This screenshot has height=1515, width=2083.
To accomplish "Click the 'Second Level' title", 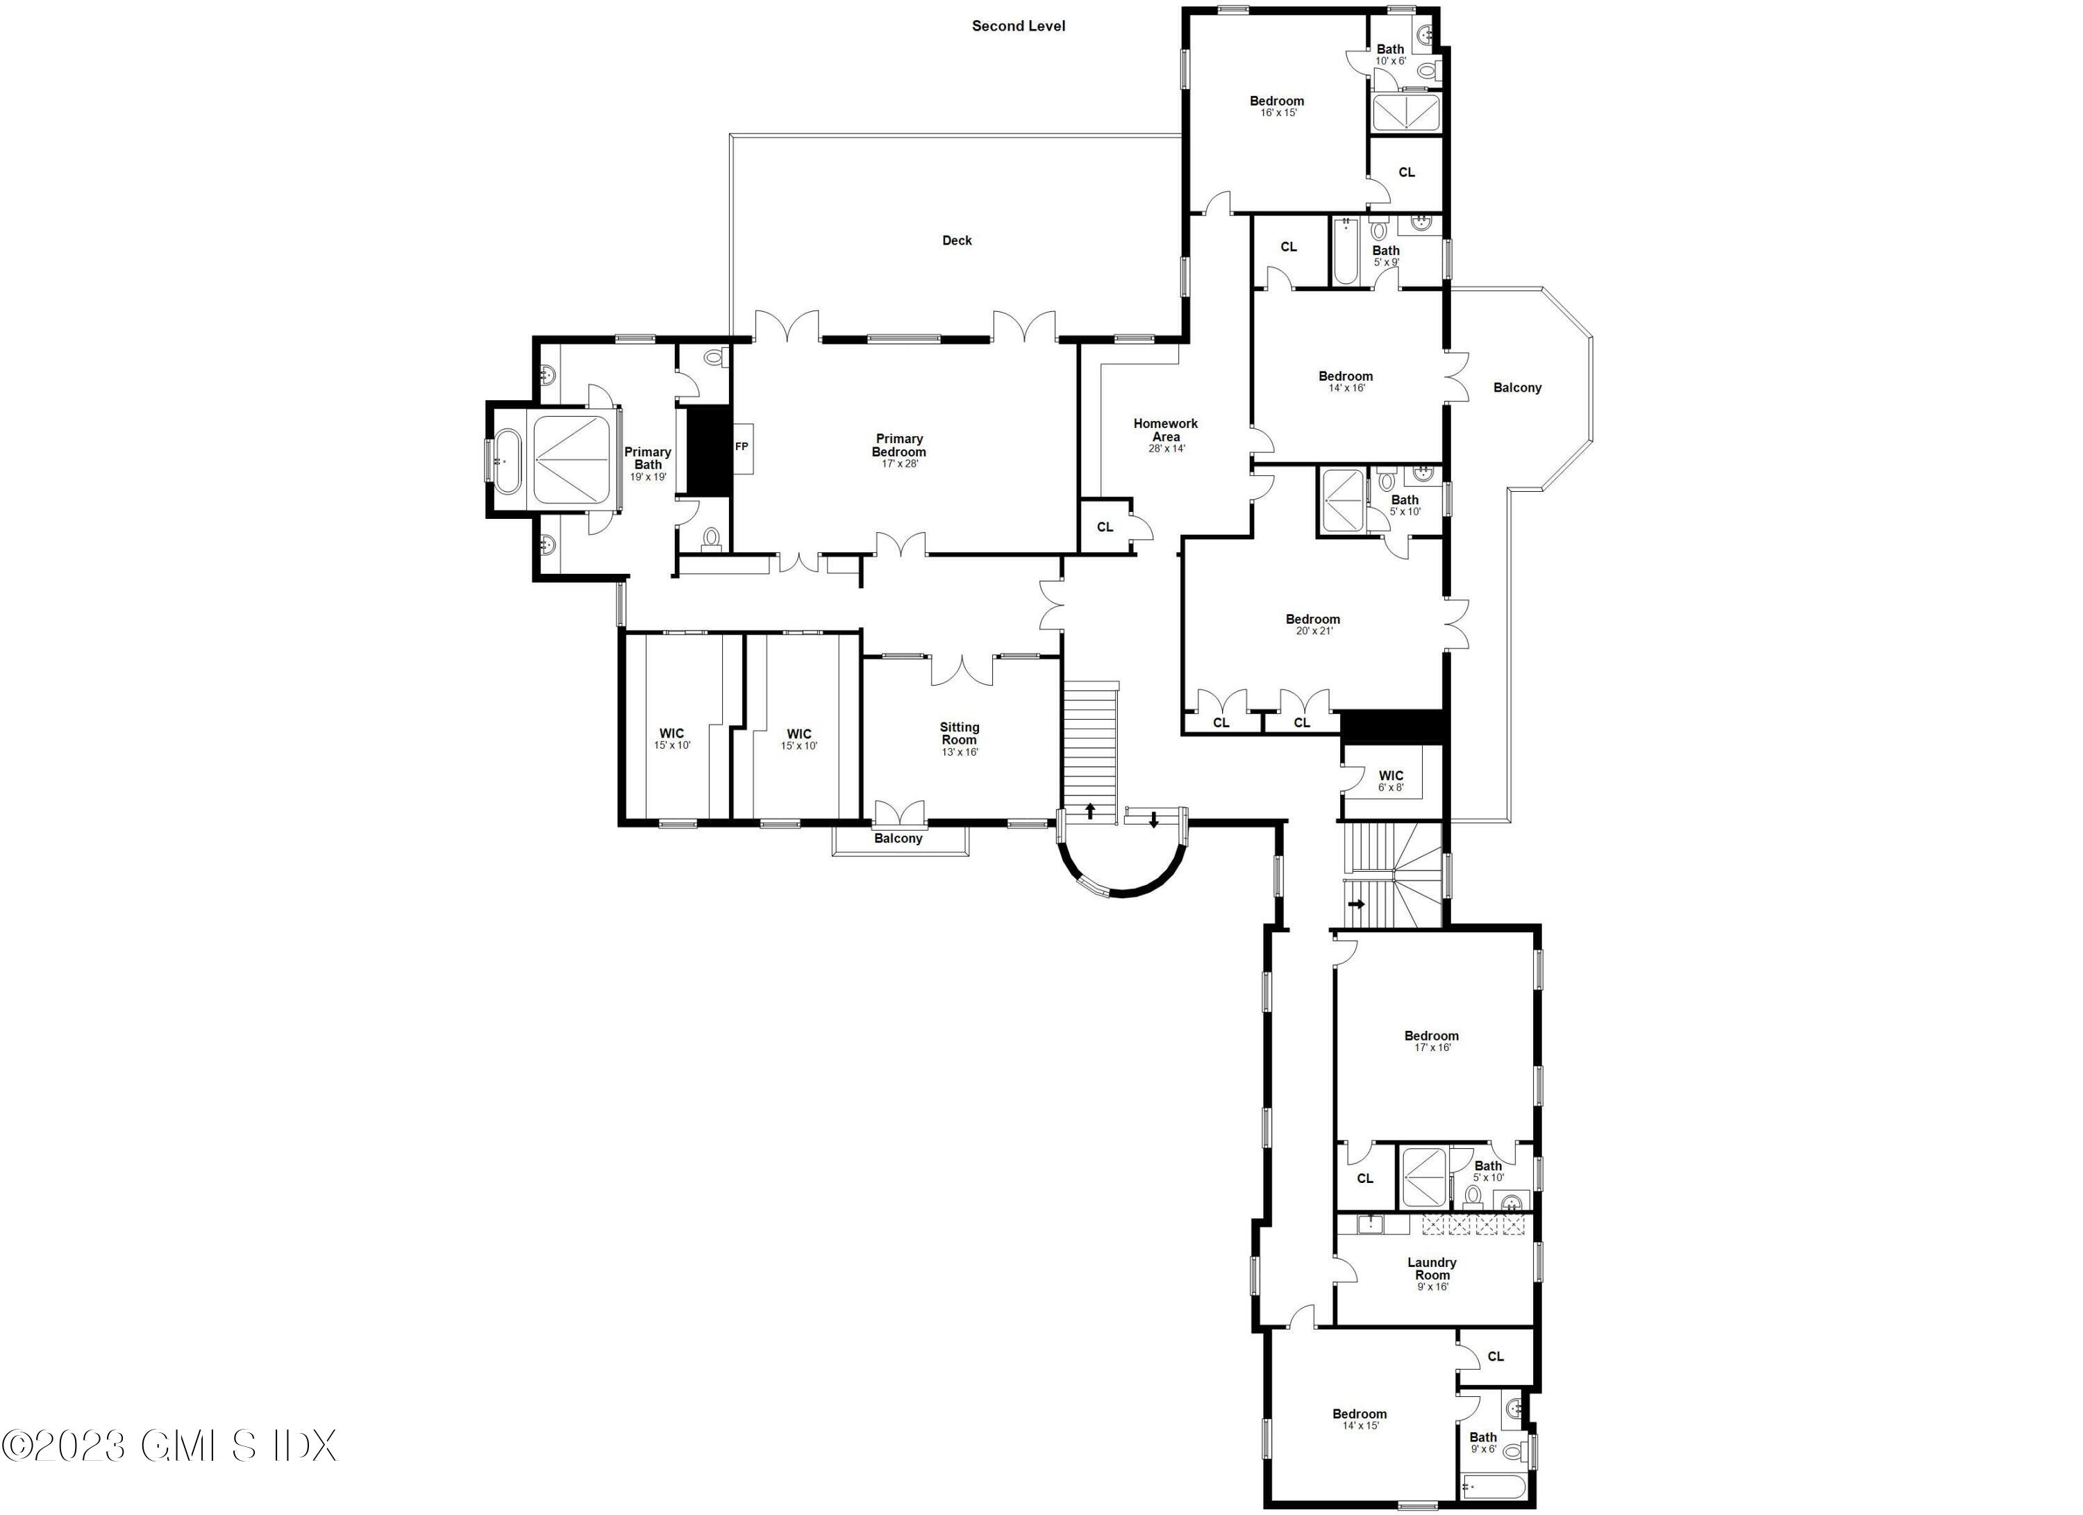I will [1019, 26].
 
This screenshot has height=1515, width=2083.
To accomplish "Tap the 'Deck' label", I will [956, 241].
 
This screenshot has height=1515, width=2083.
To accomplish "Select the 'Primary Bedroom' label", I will [898, 445].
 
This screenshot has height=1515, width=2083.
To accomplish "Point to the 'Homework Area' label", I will [1166, 430].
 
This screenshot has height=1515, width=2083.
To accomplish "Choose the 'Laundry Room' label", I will [1431, 1269].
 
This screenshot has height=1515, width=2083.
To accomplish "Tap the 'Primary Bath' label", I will [648, 458].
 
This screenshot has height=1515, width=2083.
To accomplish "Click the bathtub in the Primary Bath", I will [508, 459].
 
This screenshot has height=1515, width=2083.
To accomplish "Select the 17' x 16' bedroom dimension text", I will [1431, 1048].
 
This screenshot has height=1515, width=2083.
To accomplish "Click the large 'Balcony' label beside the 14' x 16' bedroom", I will [1516, 388].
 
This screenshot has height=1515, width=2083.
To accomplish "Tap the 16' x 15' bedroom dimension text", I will [1278, 113].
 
